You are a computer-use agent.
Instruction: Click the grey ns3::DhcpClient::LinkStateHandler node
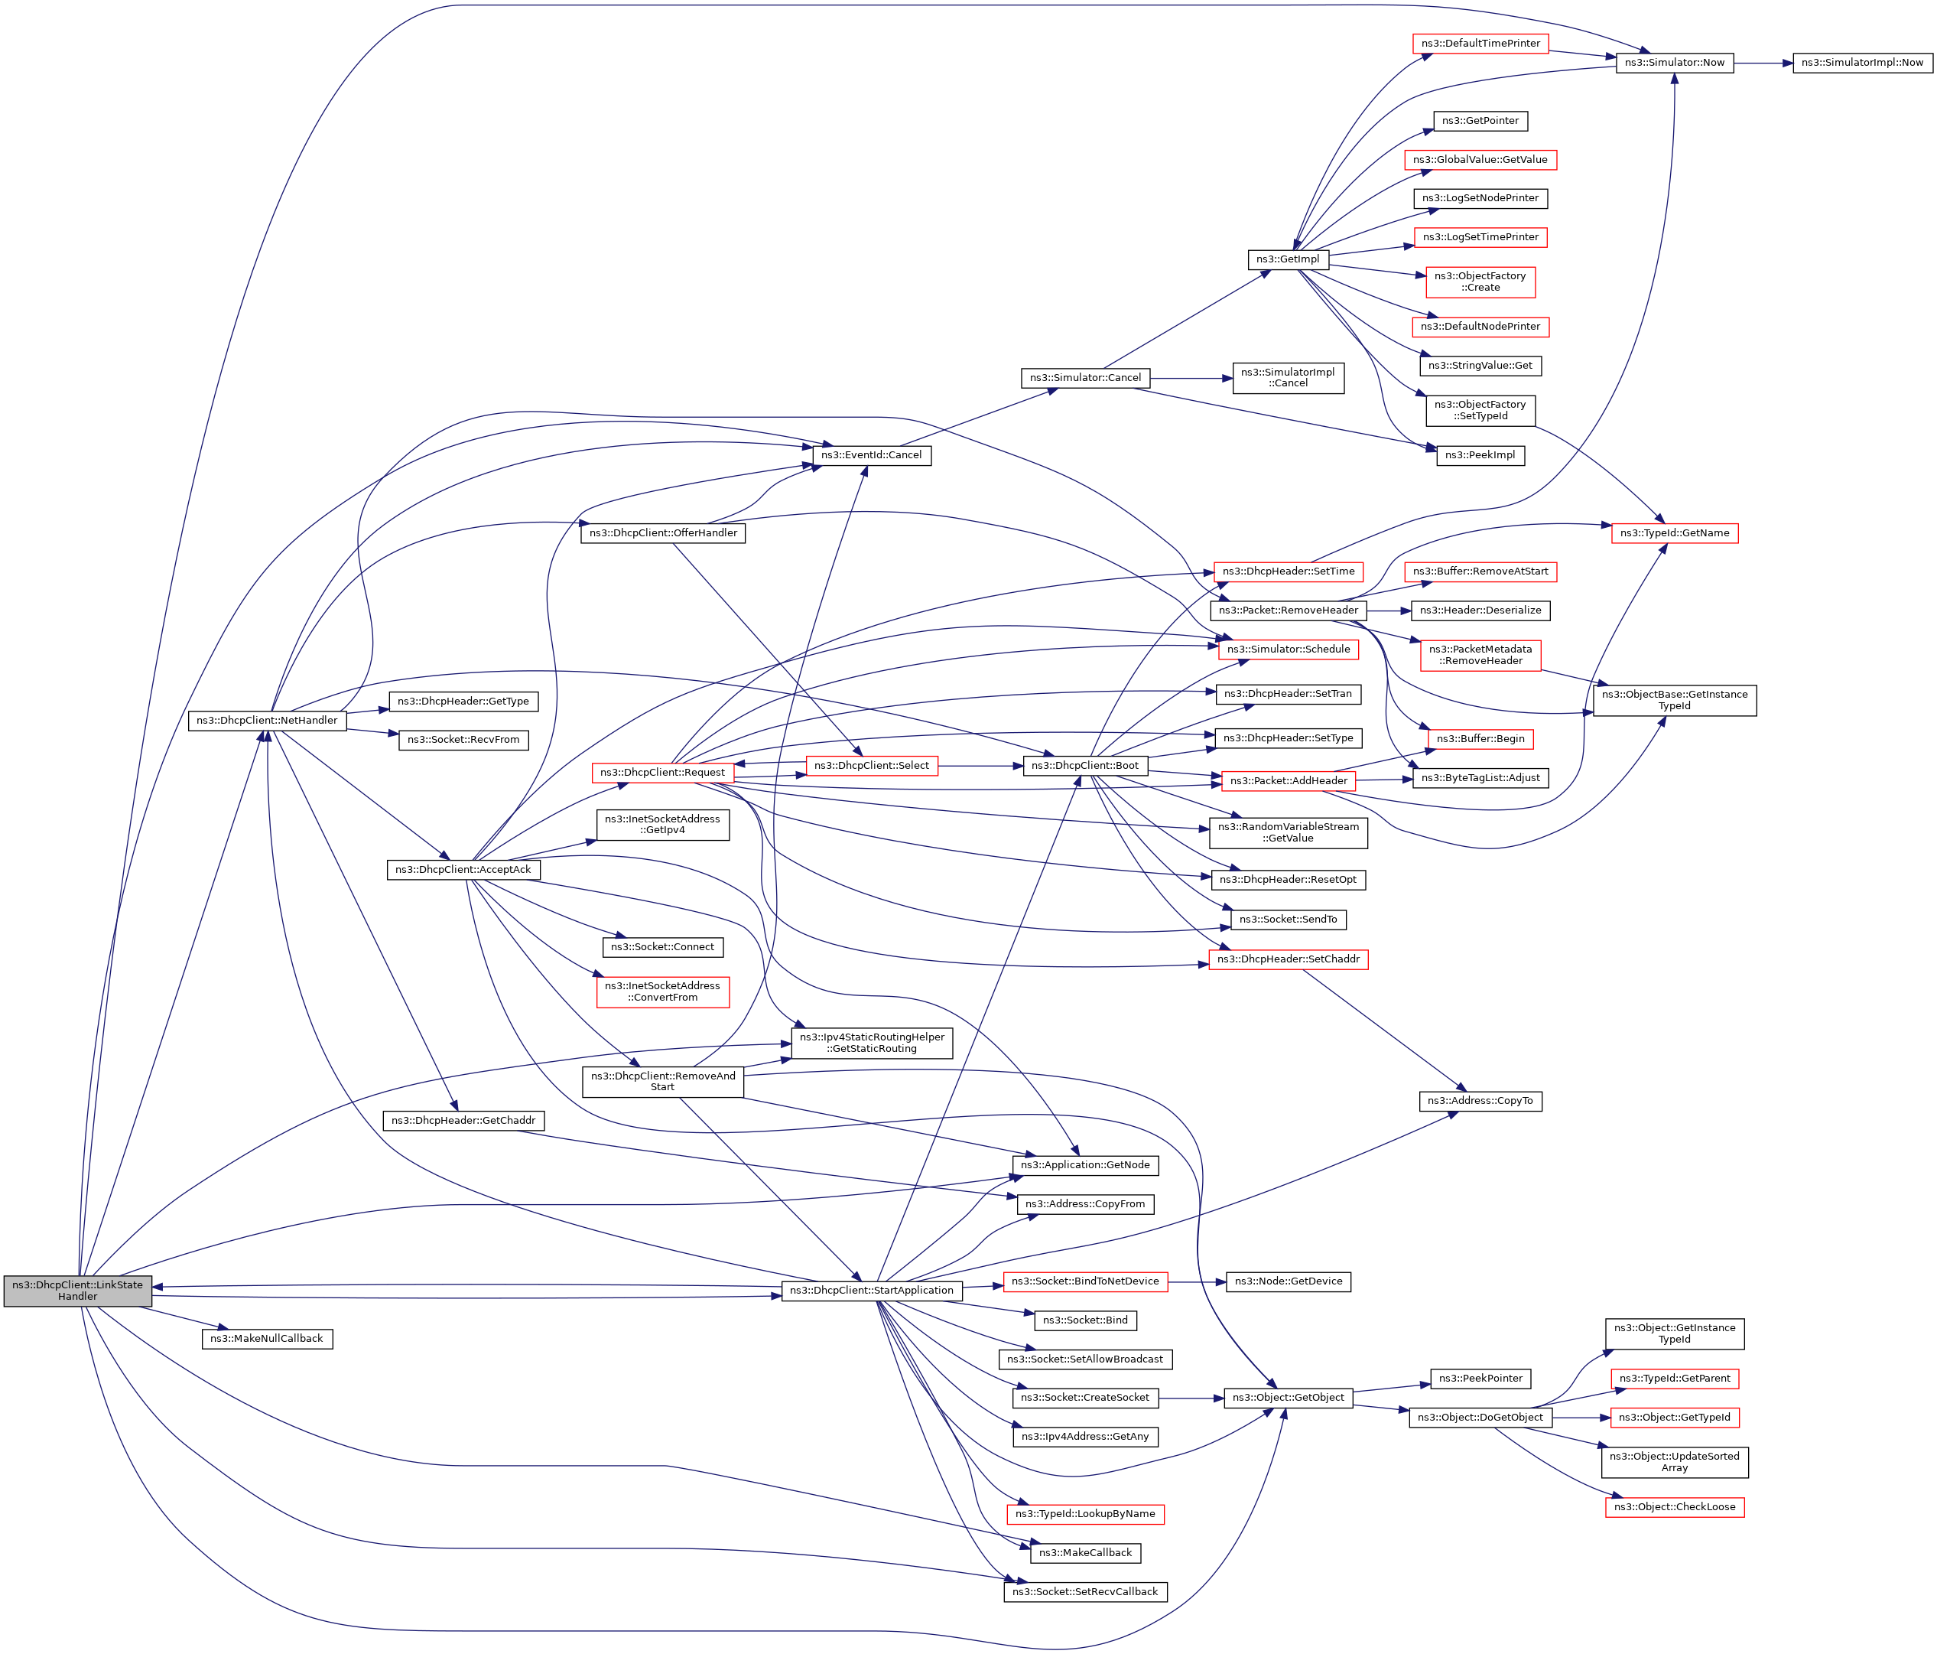77,1291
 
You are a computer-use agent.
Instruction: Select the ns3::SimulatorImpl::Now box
1862,63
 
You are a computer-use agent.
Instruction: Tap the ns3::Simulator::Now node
1674,63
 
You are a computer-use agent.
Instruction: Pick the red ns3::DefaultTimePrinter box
1480,44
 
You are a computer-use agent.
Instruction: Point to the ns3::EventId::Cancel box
871,455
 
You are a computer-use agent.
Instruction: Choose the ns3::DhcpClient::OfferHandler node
663,533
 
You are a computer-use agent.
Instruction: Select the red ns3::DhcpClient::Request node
663,773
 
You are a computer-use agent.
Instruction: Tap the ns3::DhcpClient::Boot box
1085,766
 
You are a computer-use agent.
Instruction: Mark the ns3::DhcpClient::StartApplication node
871,1291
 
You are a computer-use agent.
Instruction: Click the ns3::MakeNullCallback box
266,1339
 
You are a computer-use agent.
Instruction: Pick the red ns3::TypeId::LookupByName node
1085,1514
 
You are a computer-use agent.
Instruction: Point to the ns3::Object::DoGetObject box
1480,1418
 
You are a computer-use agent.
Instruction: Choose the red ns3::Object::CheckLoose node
1674,1507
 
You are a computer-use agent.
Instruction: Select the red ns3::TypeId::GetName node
1674,533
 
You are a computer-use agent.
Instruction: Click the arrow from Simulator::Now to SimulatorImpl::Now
1762,63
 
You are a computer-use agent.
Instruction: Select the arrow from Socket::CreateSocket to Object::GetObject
1191,1398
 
